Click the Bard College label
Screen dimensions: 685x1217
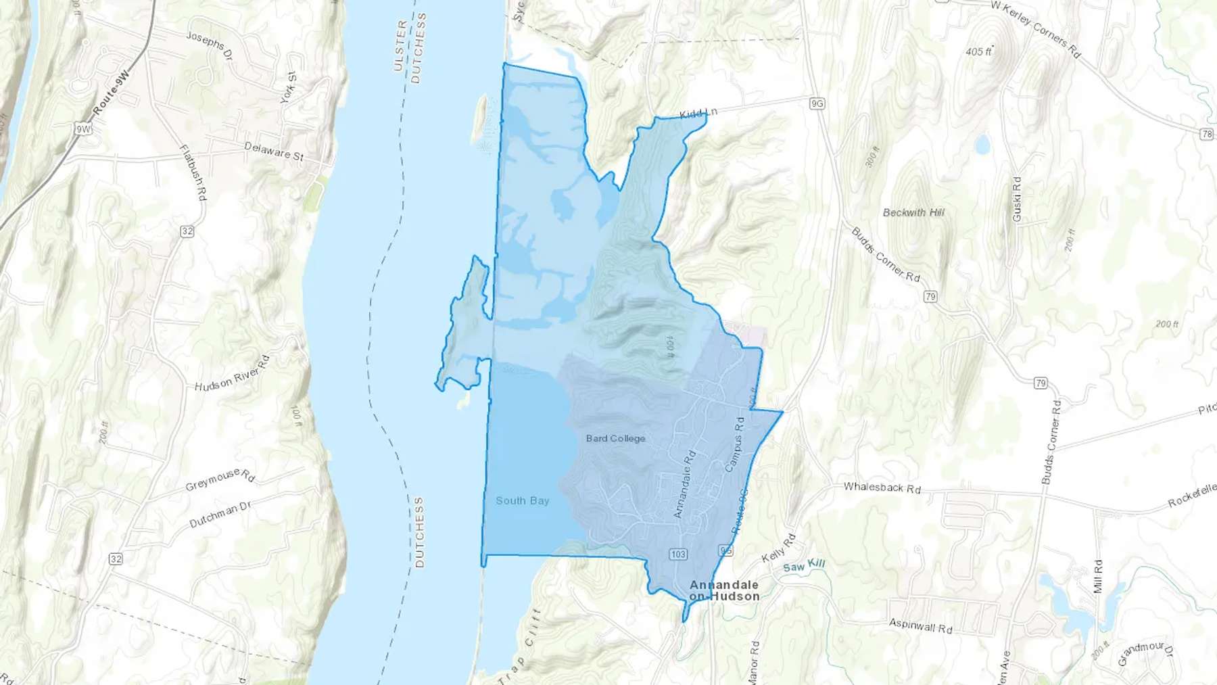(x=615, y=438)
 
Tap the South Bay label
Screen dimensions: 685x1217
(x=522, y=500)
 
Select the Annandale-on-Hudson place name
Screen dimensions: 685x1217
(x=724, y=590)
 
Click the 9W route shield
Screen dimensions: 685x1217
(x=83, y=128)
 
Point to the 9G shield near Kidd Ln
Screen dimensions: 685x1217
(x=817, y=103)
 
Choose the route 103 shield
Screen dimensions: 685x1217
(x=678, y=554)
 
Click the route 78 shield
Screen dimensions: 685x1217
(x=1207, y=134)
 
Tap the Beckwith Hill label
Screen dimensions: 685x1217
(x=913, y=212)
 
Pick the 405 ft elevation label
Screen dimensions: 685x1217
(x=978, y=51)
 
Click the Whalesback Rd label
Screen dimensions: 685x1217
(x=882, y=487)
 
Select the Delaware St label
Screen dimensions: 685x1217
(x=274, y=151)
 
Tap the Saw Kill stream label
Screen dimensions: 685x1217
(x=804, y=565)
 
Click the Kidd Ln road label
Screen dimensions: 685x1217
(x=698, y=113)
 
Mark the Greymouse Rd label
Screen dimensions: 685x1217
(x=220, y=478)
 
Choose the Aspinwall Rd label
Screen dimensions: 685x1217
(x=920, y=625)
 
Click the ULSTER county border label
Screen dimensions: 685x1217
(x=400, y=45)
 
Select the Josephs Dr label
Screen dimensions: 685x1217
(x=210, y=45)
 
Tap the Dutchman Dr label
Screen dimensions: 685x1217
(x=220, y=514)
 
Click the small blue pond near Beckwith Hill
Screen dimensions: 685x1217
(x=982, y=144)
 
